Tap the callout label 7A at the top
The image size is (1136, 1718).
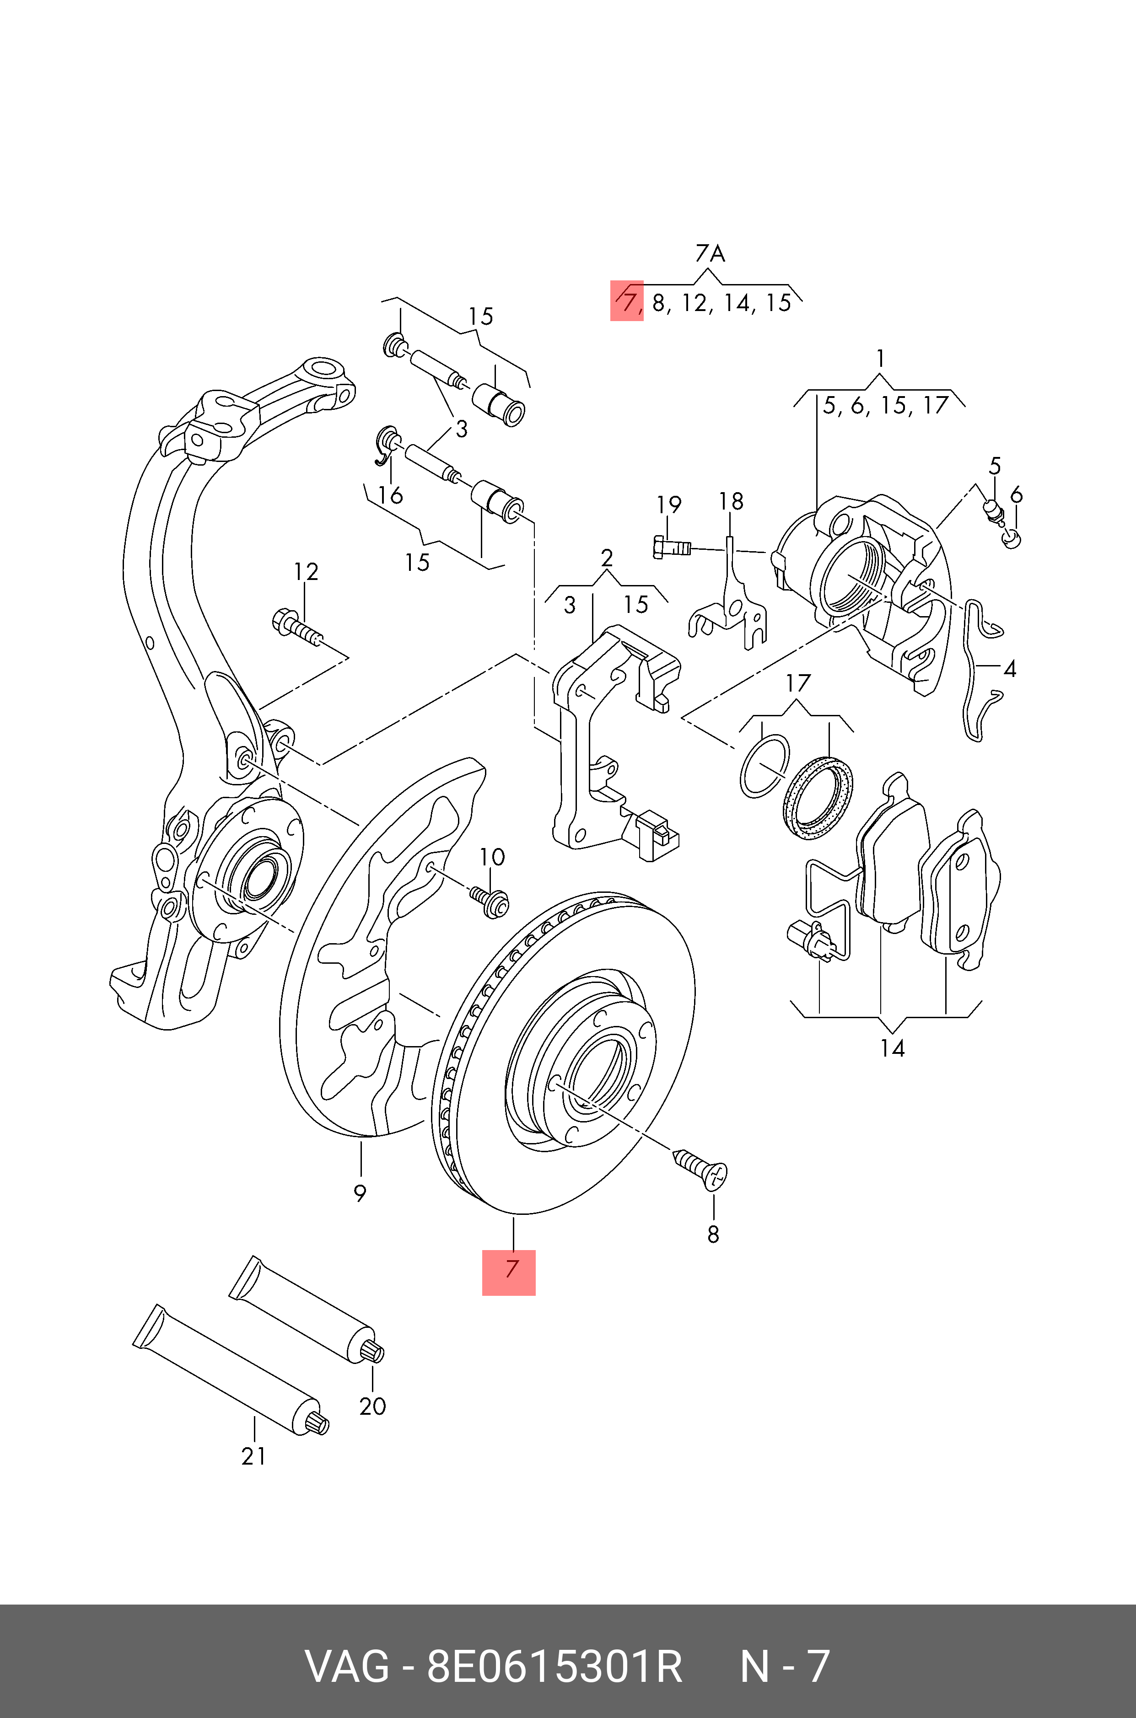point(710,253)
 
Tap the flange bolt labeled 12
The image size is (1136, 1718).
point(296,627)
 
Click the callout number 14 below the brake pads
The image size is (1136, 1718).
point(892,1048)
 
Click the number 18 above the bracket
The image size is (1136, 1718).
point(731,501)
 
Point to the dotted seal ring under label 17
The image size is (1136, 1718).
point(818,797)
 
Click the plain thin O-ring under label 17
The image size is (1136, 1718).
point(765,766)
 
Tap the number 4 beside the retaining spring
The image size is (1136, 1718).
point(1009,669)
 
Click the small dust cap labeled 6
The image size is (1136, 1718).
point(1013,539)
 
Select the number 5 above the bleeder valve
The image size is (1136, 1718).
point(995,466)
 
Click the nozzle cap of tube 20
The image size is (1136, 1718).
point(373,1351)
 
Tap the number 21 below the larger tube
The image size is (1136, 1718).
point(253,1456)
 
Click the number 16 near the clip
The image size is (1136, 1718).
point(391,495)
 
